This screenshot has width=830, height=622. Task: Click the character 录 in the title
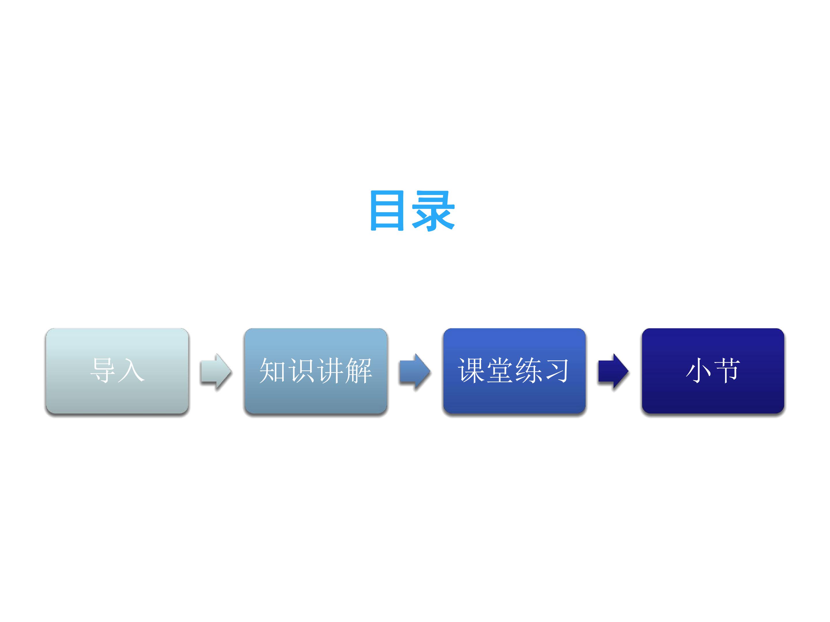click(433, 211)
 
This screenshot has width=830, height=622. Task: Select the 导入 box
click(117, 371)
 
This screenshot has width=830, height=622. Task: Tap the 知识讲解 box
click(316, 371)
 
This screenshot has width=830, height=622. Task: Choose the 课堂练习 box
click(514, 371)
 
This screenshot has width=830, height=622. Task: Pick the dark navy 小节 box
click(713, 371)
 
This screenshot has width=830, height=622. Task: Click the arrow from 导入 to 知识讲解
click(216, 371)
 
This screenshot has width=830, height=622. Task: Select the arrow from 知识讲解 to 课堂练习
click(415, 371)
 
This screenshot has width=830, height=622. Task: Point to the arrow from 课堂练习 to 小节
click(613, 371)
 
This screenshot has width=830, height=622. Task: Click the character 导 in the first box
click(103, 370)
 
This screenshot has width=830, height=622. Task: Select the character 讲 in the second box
click(330, 370)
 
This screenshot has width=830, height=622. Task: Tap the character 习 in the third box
click(557, 370)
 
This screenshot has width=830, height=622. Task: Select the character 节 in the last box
click(727, 370)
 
